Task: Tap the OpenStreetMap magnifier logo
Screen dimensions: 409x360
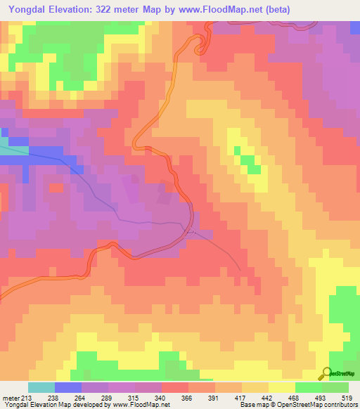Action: pos(327,373)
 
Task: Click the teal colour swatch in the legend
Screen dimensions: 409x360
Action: pos(41,388)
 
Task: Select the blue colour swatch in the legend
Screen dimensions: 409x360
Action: pos(67,388)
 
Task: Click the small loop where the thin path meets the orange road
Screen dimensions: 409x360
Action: pos(188,231)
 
